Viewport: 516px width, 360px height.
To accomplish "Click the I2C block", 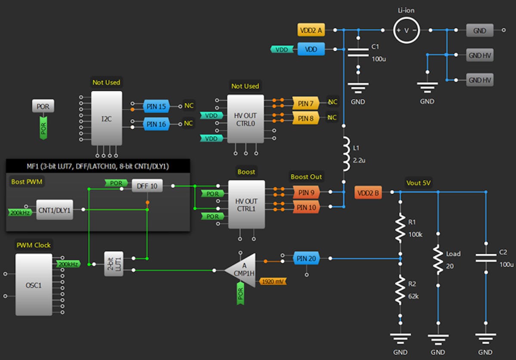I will tap(106, 118).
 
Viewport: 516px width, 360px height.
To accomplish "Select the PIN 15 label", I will tap(157, 106).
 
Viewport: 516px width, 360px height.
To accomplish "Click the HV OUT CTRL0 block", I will tap(246, 119).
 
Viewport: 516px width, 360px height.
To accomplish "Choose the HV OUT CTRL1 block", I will tap(246, 204).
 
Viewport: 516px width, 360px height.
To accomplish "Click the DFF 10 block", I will tap(147, 186).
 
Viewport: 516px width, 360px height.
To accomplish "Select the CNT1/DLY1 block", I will tap(54, 209).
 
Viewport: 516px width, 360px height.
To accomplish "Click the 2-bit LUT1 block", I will tap(114, 264).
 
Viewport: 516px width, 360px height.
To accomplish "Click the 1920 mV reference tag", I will tap(273, 282).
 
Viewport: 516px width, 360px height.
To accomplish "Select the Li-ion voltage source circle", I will tap(406, 30).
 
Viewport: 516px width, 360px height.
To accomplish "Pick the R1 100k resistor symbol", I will tap(400, 228).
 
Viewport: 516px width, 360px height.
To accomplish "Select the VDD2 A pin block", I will tap(311, 30).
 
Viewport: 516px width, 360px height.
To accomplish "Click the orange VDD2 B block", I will tap(368, 193).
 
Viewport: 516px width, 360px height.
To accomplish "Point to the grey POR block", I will tap(43, 107).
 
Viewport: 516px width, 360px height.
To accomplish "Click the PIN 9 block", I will tap(306, 192).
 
